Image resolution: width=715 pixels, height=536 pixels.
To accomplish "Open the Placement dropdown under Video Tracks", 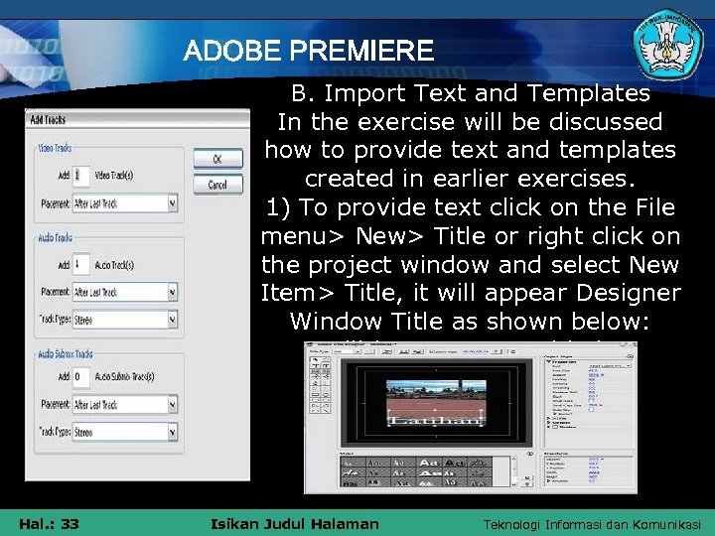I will pyautogui.click(x=124, y=203).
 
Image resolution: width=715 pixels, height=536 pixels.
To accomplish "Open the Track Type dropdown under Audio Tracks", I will pyautogui.click(x=124, y=320).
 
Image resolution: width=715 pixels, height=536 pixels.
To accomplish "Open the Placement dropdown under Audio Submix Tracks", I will pyautogui.click(x=124, y=405).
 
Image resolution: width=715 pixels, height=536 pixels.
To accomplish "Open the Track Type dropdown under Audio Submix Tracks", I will pyautogui.click(x=124, y=432).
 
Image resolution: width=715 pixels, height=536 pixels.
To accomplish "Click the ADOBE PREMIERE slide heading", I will pyautogui.click(x=309, y=50).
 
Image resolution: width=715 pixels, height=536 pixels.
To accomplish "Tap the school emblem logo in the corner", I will pyautogui.click(x=668, y=46).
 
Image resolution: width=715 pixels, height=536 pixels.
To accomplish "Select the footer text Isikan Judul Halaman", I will pyautogui.click(x=296, y=523).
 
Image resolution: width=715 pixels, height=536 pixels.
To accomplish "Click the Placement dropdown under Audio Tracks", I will pyautogui.click(x=124, y=293).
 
